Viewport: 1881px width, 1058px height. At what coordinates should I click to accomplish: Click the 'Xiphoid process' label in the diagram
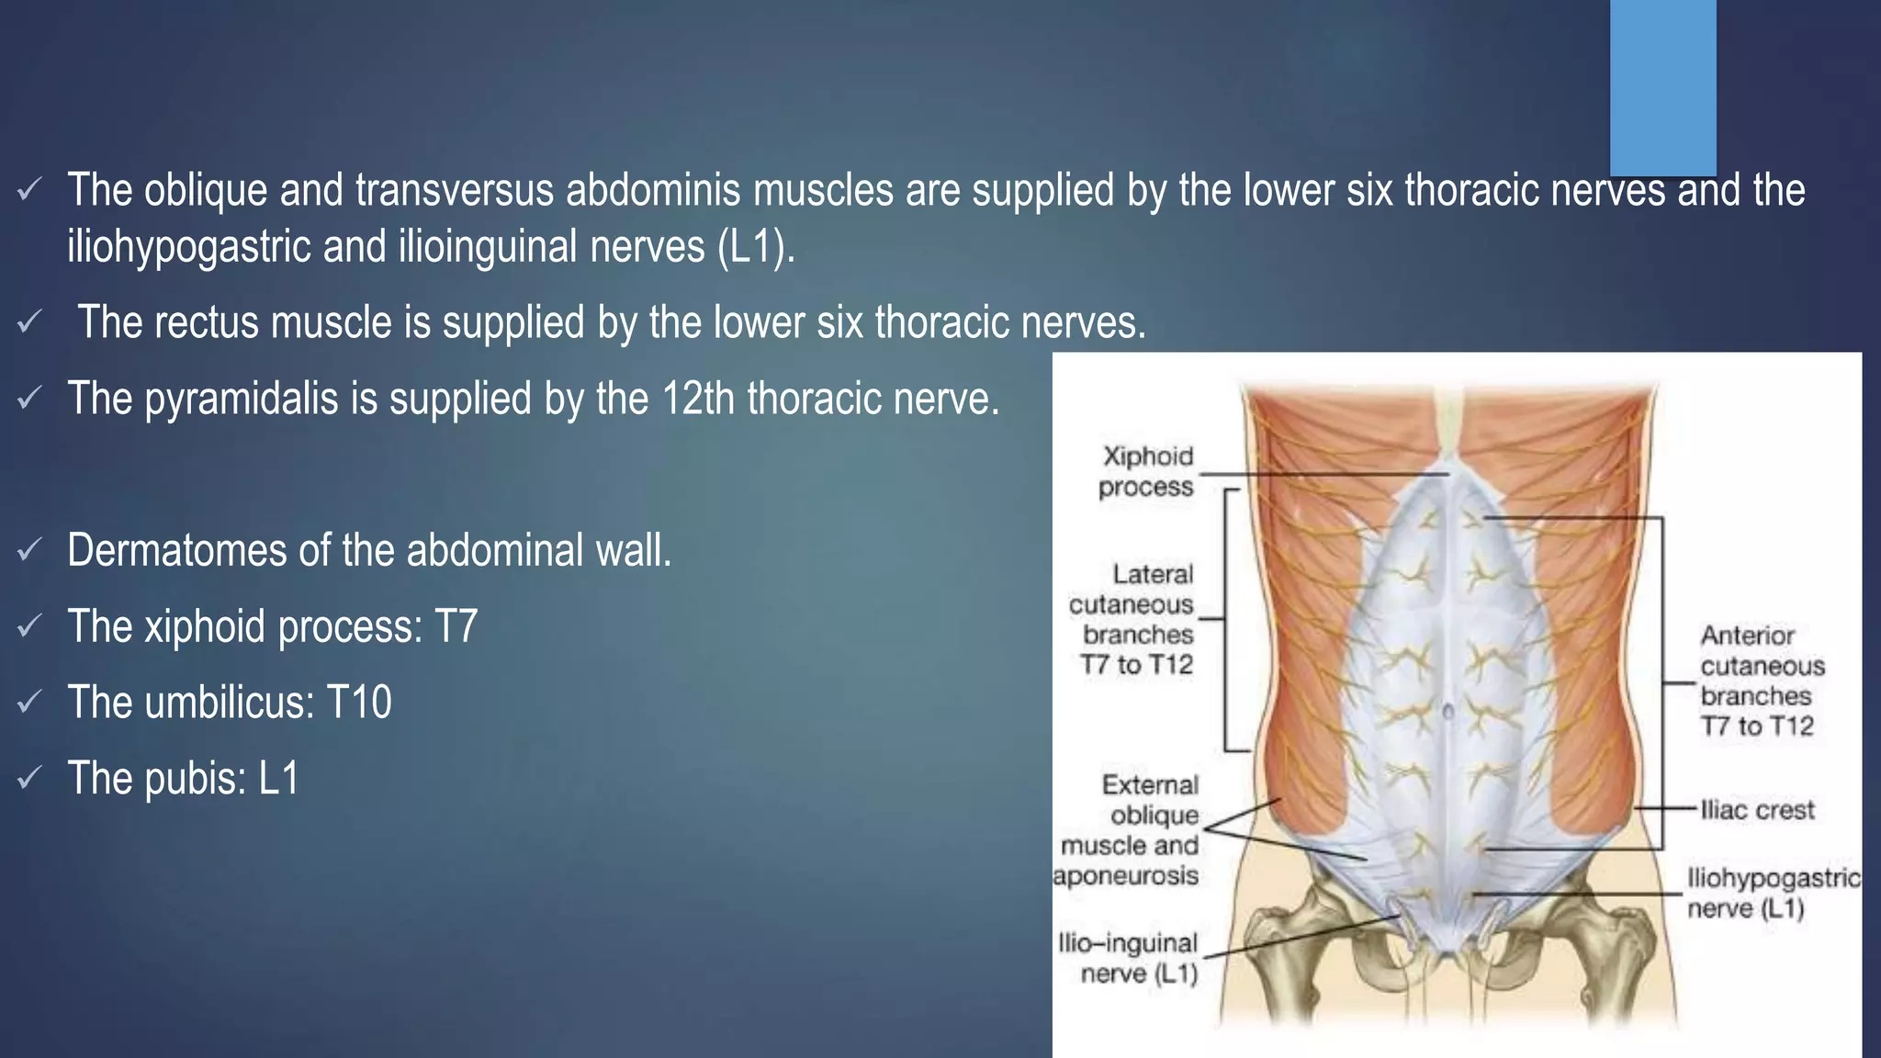tap(1147, 471)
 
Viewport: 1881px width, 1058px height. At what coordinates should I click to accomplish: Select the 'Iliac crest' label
tap(1757, 810)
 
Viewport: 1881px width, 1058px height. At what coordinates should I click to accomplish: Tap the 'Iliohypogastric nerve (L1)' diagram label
tap(1773, 893)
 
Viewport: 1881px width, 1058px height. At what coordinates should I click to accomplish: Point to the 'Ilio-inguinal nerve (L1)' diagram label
tap(1129, 958)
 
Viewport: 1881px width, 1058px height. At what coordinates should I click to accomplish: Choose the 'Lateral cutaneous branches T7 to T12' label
tap(1134, 619)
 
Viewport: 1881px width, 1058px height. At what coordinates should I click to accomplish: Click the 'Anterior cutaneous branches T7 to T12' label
tap(1761, 681)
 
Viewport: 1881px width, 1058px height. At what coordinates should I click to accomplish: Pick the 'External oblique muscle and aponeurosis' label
tap(1128, 830)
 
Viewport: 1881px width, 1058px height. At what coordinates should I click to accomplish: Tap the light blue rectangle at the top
tap(1662, 86)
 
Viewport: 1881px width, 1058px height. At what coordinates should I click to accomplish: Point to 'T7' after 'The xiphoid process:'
tap(456, 626)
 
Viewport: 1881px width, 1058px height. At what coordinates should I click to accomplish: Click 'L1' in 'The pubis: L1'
tap(279, 779)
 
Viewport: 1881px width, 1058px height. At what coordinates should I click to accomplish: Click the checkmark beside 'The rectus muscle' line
tap(29, 322)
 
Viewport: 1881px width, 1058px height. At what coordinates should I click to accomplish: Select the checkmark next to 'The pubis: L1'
tap(29, 779)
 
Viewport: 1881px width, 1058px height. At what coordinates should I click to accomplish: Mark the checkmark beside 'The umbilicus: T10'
tap(29, 703)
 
